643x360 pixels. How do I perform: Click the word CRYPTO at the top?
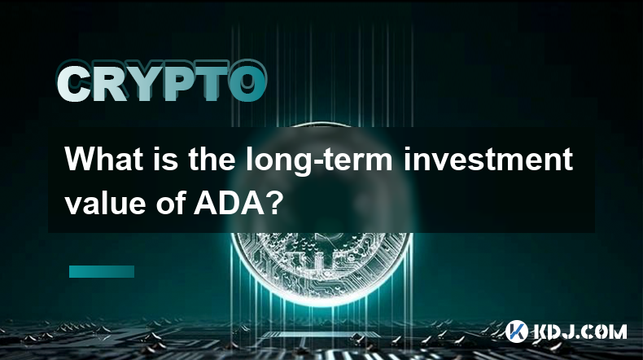coord(162,82)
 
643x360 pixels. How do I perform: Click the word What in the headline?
coord(103,160)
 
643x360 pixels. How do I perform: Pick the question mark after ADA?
coord(272,203)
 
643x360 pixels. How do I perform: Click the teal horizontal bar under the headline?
coord(102,271)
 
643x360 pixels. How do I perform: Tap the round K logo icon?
coord(516,331)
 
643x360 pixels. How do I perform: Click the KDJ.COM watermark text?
coord(580,331)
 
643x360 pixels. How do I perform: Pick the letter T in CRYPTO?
coord(212,82)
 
